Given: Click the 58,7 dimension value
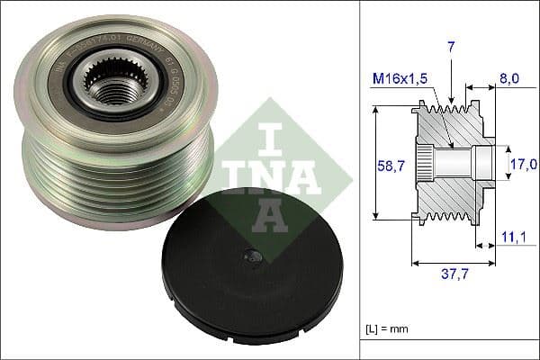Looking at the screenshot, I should click(388, 165).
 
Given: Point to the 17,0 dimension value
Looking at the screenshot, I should click(524, 164).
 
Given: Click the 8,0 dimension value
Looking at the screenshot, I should click(509, 79).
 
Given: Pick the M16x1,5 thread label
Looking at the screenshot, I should click(398, 79).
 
